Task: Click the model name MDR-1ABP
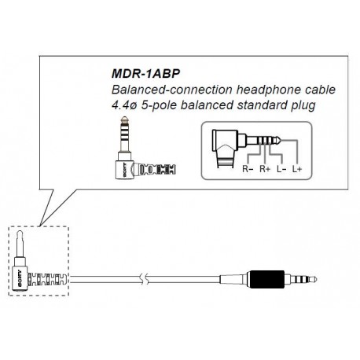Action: click(145, 74)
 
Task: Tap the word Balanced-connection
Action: click(171, 90)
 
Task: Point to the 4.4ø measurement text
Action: click(124, 105)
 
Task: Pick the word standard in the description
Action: click(262, 105)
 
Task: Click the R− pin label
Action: click(248, 169)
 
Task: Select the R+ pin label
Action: click(265, 169)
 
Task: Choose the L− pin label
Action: click(281, 169)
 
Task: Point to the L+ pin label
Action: click(297, 169)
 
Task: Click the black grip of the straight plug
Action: click(267, 279)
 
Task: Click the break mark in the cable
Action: click(145, 279)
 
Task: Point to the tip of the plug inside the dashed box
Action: click(20, 233)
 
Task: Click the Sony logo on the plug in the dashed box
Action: click(20, 278)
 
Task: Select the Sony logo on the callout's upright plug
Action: click(124, 171)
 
